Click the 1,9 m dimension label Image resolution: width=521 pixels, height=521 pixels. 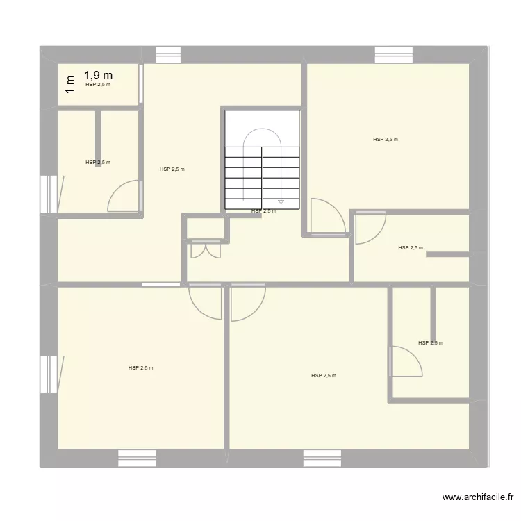click(x=99, y=75)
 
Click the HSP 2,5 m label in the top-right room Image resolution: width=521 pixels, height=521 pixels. click(x=386, y=140)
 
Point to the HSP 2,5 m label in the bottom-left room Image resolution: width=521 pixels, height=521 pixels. click(x=140, y=368)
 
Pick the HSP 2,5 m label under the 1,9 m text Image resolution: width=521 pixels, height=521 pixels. click(x=98, y=85)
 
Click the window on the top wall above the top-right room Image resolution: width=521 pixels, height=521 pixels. click(x=394, y=51)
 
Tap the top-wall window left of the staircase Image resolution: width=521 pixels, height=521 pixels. click(x=168, y=51)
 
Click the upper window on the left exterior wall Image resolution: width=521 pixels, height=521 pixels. click(x=48, y=195)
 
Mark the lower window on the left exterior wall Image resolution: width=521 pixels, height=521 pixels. click(x=48, y=374)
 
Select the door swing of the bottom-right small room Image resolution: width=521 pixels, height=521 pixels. click(x=407, y=361)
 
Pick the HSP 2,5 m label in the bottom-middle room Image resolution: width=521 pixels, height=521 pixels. click(x=324, y=376)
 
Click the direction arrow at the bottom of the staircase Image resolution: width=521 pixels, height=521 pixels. click(x=281, y=202)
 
